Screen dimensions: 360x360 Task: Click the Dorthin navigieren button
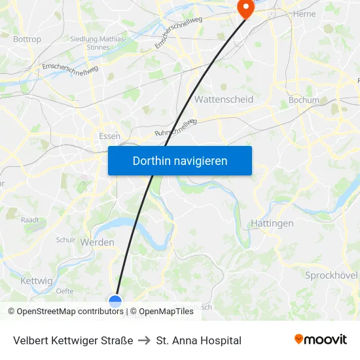tap(180, 160)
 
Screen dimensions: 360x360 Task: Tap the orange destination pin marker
tap(245, 9)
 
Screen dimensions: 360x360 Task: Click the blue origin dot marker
tap(115, 301)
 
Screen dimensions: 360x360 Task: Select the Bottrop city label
tap(27, 39)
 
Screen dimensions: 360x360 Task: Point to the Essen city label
tap(109, 136)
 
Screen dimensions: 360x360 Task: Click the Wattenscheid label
tap(224, 99)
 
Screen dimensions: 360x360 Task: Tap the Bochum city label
tap(304, 101)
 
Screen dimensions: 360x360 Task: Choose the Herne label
tap(304, 14)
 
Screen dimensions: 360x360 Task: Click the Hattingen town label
tap(272, 223)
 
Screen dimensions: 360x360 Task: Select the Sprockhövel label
tap(331, 276)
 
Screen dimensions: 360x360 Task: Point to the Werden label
tap(98, 242)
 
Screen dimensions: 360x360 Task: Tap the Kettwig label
tap(36, 281)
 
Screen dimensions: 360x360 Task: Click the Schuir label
tap(66, 240)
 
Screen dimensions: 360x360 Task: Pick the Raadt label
tap(30, 221)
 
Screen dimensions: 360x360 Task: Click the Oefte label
tap(65, 291)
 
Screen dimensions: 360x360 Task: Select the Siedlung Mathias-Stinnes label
tap(98, 43)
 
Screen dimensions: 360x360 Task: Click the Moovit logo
tap(321, 340)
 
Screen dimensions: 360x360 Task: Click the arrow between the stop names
tap(145, 340)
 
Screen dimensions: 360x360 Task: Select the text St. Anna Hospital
tap(199, 340)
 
